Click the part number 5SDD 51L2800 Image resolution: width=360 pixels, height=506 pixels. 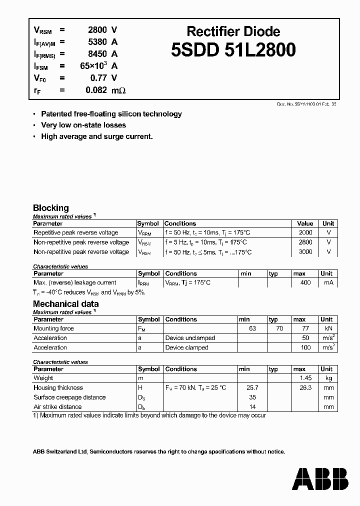click(x=233, y=50)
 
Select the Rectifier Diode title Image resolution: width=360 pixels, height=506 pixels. click(x=233, y=31)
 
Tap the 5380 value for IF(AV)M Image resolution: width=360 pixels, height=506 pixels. click(x=96, y=42)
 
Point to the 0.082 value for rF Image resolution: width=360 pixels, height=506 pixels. click(x=95, y=90)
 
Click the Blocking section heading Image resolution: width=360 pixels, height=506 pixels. click(x=51, y=208)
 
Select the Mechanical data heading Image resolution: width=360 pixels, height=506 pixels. click(x=65, y=304)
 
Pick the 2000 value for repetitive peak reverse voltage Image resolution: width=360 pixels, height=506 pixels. click(x=305, y=233)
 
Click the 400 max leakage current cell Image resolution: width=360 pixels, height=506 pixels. click(x=305, y=283)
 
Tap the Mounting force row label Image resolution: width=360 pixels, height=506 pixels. click(x=53, y=328)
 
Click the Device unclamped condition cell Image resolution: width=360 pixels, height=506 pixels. click(x=190, y=338)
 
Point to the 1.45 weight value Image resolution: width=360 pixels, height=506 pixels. click(x=305, y=378)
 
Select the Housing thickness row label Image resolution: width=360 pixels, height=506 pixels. click(x=58, y=388)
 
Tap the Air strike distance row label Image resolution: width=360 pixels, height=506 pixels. click(x=57, y=407)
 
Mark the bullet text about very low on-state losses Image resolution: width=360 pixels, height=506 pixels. click(x=83, y=125)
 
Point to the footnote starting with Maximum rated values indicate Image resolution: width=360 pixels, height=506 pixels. click(x=149, y=415)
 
